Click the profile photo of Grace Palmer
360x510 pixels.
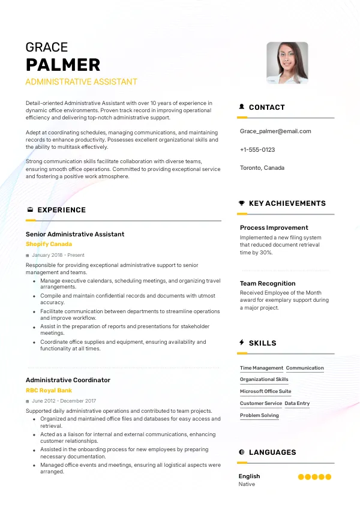pyautogui.click(x=287, y=62)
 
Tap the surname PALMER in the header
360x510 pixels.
pyautogui.click(x=63, y=65)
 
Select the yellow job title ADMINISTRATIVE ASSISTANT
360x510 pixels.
pyautogui.click(x=82, y=82)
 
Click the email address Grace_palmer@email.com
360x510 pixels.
pyautogui.click(x=275, y=131)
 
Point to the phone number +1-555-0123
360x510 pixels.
pyautogui.click(x=257, y=149)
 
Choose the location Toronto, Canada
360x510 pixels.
pyautogui.click(x=262, y=168)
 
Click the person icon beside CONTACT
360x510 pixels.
pyautogui.click(x=242, y=107)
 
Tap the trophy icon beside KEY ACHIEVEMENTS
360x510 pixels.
pyautogui.click(x=242, y=203)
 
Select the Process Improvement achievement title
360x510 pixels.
pyautogui.click(x=274, y=228)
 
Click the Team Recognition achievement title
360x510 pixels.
pyautogui.click(x=268, y=283)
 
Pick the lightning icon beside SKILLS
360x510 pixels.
pyautogui.click(x=242, y=343)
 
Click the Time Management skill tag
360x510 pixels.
pyautogui.click(x=262, y=368)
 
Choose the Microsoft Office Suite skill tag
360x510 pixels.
pyautogui.click(x=266, y=392)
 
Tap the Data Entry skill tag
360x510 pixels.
pyautogui.click(x=297, y=404)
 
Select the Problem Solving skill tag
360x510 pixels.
pyautogui.click(x=259, y=416)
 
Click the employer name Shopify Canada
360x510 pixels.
pyautogui.click(x=49, y=245)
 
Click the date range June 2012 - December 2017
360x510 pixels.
pyautogui.click(x=64, y=401)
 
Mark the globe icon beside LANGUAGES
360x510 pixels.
pyautogui.click(x=242, y=452)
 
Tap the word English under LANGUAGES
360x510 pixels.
pyautogui.click(x=250, y=476)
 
